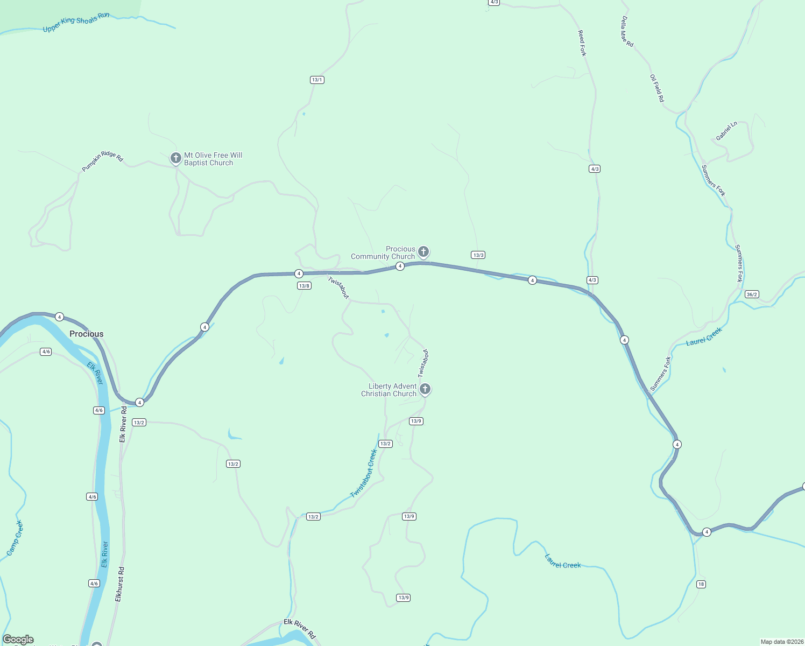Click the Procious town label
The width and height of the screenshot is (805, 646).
tap(86, 334)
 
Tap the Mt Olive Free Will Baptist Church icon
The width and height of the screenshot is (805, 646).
tap(175, 158)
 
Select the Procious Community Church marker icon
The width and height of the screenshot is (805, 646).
tap(423, 251)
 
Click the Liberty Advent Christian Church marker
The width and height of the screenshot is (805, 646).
tap(425, 389)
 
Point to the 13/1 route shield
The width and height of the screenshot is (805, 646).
tap(317, 80)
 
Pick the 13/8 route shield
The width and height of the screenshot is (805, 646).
tap(304, 286)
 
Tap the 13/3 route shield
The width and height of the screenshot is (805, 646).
tap(478, 255)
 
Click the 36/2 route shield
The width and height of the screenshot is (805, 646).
tap(752, 294)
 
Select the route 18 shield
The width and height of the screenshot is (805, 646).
tap(701, 584)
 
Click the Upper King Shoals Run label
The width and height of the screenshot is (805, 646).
tap(76, 22)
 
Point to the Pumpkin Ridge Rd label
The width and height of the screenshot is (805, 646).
tap(102, 160)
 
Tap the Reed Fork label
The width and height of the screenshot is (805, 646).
tap(582, 43)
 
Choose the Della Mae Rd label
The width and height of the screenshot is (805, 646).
tap(627, 31)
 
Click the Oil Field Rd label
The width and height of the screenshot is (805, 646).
tap(657, 88)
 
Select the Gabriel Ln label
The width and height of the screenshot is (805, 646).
tap(726, 131)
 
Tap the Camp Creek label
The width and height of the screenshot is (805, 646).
tap(15, 538)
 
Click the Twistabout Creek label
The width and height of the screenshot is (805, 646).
tap(364, 474)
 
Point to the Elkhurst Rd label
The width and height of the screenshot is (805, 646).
tap(119, 584)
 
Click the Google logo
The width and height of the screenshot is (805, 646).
tap(18, 640)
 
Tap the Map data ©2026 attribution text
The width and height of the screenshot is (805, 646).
tap(782, 642)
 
